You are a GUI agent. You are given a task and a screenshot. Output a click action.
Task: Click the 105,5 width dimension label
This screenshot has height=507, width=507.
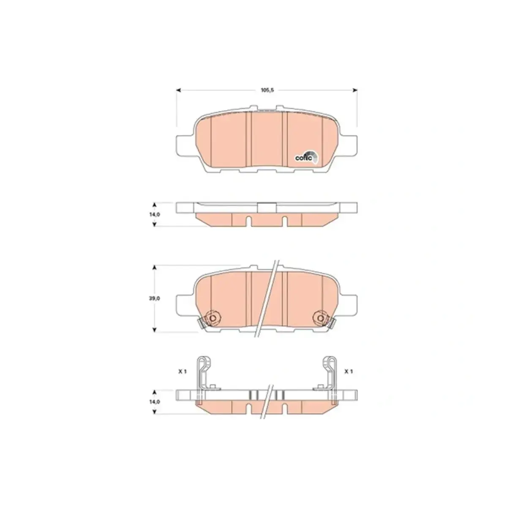pyautogui.click(x=267, y=90)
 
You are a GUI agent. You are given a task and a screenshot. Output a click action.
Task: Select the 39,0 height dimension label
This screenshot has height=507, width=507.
pyautogui.click(x=155, y=299)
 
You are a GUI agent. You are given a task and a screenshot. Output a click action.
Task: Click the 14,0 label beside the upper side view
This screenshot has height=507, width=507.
pyautogui.click(x=155, y=215)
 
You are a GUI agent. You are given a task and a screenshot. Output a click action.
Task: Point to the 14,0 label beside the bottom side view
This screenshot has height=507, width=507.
pyautogui.click(x=155, y=402)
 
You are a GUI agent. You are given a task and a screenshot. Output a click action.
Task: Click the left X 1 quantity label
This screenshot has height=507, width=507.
pyautogui.click(x=183, y=371)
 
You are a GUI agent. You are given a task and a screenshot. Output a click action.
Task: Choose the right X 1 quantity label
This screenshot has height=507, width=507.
pyautogui.click(x=348, y=371)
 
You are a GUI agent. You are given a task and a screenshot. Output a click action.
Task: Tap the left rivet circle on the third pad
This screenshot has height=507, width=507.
pyautogui.click(x=213, y=319)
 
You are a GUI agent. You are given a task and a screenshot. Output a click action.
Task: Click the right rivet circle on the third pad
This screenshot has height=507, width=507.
pyautogui.click(x=320, y=319)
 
